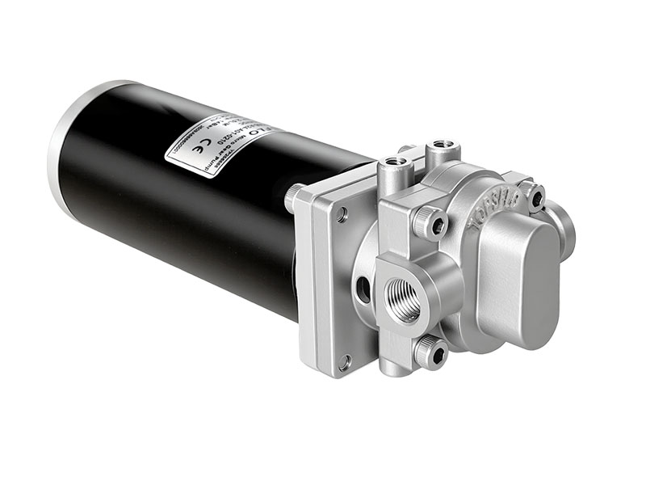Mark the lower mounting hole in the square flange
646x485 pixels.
click(346, 361)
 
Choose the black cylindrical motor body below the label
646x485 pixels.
click(186, 234)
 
